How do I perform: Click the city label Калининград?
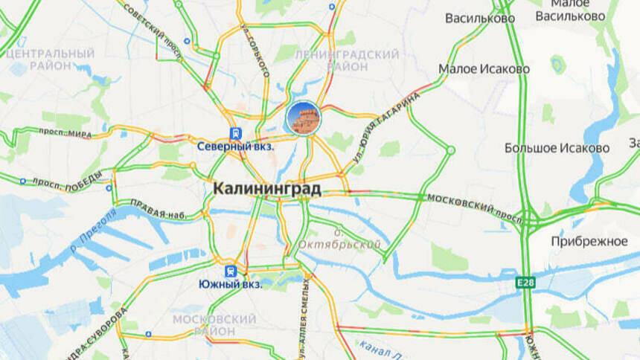[x=267, y=189]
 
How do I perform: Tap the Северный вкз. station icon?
[x=236, y=133]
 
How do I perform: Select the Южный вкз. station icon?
[x=231, y=271]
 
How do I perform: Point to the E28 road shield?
[x=526, y=283]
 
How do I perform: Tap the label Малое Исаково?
[x=484, y=69]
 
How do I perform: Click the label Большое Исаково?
[x=557, y=147]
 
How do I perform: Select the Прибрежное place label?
[x=589, y=242]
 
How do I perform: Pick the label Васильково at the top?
[x=479, y=17]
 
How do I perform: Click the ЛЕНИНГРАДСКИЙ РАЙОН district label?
[x=346, y=60]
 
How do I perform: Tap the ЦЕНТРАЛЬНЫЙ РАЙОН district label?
[x=50, y=60]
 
